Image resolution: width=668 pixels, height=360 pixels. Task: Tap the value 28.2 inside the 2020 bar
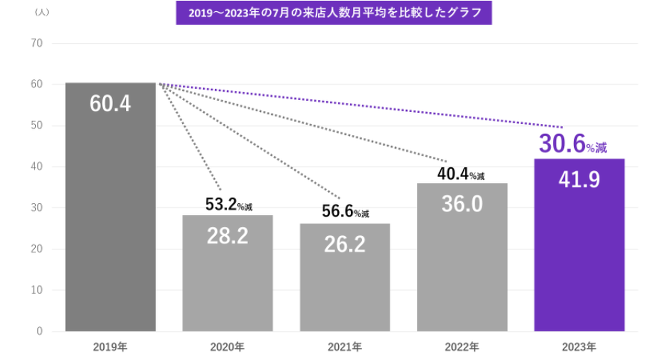click(227, 236)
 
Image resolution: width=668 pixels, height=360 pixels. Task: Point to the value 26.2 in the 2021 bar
click(345, 245)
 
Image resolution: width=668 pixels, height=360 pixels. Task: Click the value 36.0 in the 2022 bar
click(462, 204)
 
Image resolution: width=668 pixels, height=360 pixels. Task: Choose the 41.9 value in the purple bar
click(579, 180)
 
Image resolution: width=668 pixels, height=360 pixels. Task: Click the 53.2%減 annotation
click(229, 206)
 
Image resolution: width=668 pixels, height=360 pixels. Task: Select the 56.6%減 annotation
click(346, 212)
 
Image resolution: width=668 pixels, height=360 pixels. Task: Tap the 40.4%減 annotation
click(461, 174)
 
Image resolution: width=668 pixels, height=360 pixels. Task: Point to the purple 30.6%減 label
click(573, 145)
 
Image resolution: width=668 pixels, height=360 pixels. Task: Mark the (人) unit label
click(42, 13)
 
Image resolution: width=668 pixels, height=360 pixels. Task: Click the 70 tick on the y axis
click(37, 44)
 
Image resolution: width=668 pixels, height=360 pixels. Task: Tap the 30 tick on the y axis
click(37, 208)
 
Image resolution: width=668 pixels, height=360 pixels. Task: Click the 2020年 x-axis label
click(227, 347)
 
